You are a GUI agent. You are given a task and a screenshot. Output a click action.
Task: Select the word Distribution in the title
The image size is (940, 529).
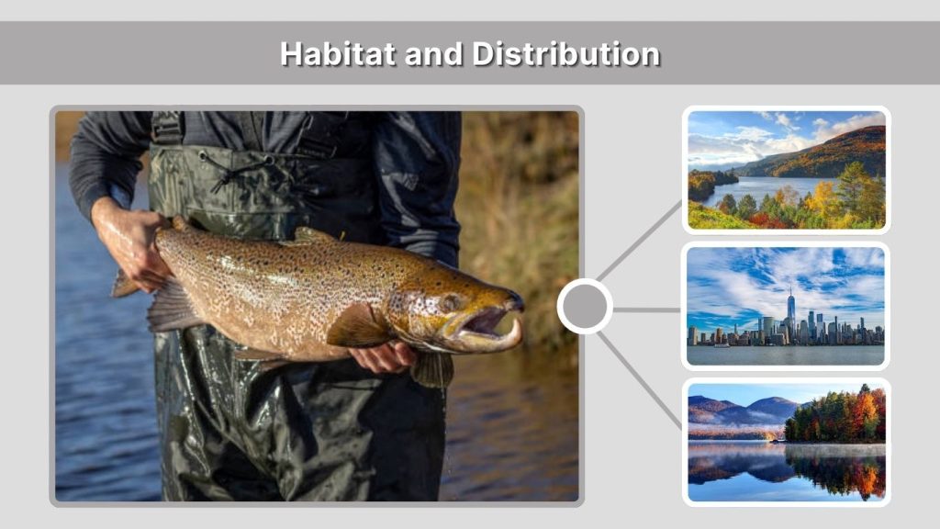pyautogui.click(x=565, y=53)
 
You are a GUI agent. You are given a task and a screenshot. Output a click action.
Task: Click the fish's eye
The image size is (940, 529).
pyautogui.click(x=450, y=302)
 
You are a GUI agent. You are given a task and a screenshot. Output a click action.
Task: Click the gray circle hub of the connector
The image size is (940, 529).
pyautogui.click(x=584, y=307)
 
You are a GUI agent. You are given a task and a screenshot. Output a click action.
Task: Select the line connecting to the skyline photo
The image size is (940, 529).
pyautogui.click(x=646, y=310)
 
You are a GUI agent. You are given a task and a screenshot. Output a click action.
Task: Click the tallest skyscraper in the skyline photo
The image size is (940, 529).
pyautogui.click(x=789, y=312)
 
